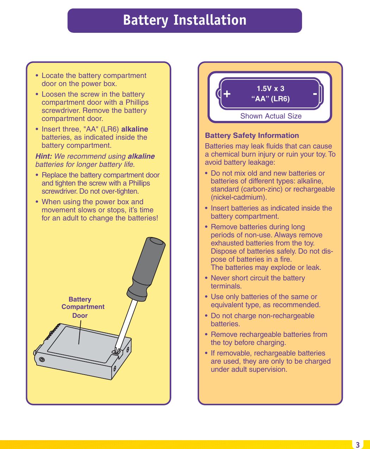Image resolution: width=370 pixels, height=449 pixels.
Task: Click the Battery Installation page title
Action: pyautogui.click(x=185, y=20)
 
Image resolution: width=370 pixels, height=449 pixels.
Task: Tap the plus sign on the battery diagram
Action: pyautogui.click(x=227, y=94)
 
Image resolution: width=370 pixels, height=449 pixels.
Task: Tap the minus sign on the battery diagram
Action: pyautogui.click(x=315, y=94)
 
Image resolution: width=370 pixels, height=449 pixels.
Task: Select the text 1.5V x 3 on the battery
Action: pyautogui.click(x=270, y=89)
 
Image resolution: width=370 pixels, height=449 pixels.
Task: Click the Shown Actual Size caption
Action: pyautogui.click(x=271, y=116)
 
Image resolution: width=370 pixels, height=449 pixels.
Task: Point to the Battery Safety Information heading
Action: pyautogui.click(x=252, y=135)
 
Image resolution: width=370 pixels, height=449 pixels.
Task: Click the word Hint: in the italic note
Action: pyautogui.click(x=44, y=156)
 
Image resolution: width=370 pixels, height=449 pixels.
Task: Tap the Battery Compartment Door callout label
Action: pyautogui.click(x=82, y=307)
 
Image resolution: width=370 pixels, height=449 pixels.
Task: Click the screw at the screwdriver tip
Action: pyautogui.click(x=115, y=351)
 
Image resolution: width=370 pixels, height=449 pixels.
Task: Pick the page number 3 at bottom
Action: pyautogui.click(x=357, y=445)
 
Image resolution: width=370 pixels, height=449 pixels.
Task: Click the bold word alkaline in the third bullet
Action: pyautogui.click(x=135, y=129)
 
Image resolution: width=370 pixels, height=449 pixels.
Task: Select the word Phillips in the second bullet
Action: pyautogui.click(x=137, y=102)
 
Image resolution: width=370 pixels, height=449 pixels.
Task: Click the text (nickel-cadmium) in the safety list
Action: pyautogui.click(x=239, y=197)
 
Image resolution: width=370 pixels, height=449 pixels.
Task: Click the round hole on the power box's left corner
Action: pyautogui.click(x=42, y=360)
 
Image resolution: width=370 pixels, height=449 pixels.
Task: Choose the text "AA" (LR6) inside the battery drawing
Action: pyautogui.click(x=270, y=99)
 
